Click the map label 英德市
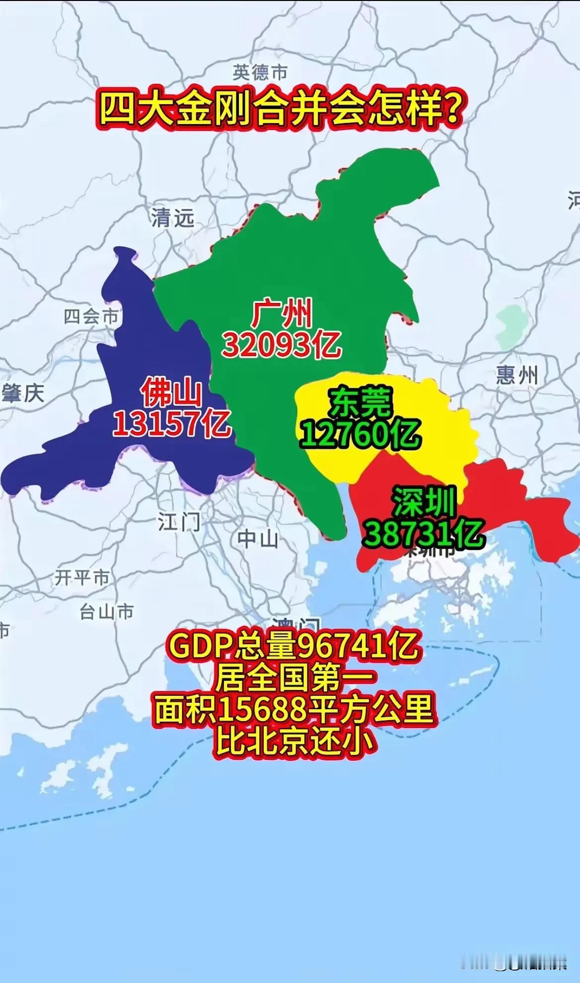(260, 72)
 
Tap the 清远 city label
(173, 218)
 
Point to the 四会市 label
(91, 316)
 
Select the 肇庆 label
(23, 393)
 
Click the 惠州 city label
(517, 375)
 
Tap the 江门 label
(179, 522)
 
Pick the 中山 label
(257, 539)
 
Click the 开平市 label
(82, 577)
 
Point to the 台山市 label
(107, 612)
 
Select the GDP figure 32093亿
(281, 344)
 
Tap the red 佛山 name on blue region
(172, 393)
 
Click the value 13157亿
(172, 424)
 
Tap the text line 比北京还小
(294, 741)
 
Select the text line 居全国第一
(294, 678)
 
